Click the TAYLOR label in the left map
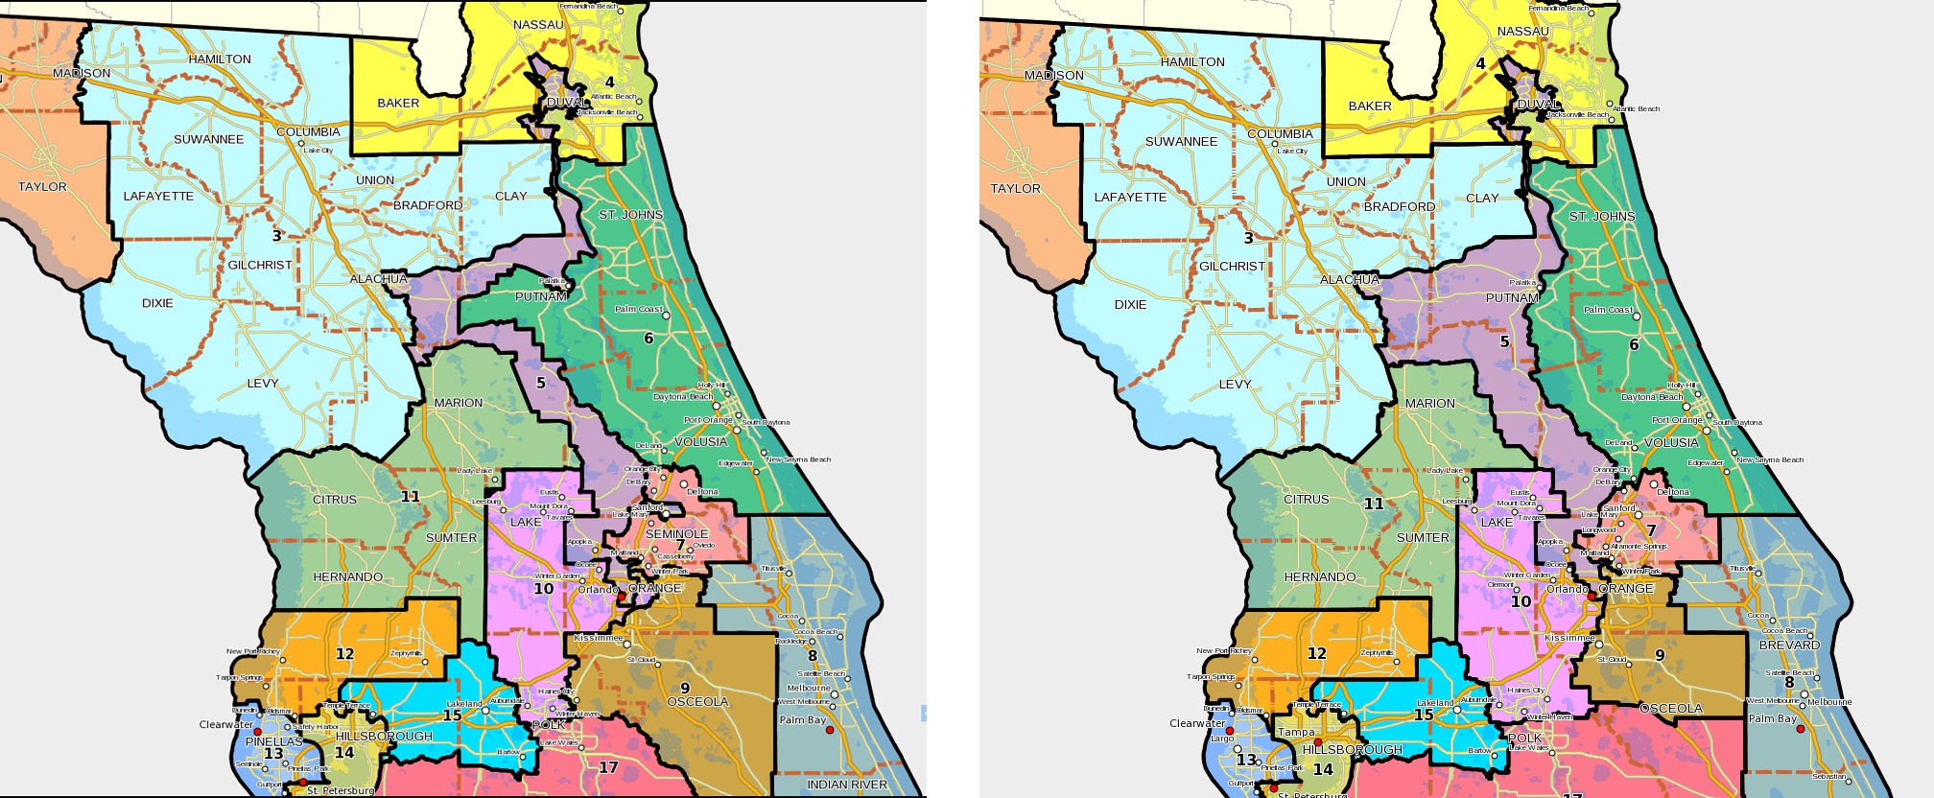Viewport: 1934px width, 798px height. tap(42, 187)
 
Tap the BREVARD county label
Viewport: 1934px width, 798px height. tap(1789, 645)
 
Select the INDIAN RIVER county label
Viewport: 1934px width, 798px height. tap(847, 785)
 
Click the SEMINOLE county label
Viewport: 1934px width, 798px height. tap(676, 534)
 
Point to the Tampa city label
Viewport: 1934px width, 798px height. tap(1296, 732)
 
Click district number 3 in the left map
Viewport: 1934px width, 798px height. tap(277, 236)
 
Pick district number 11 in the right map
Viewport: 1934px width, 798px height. tap(1374, 504)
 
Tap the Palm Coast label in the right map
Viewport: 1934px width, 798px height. tap(1608, 310)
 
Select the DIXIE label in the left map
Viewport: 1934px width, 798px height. tap(157, 303)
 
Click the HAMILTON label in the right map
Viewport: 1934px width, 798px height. tap(1192, 61)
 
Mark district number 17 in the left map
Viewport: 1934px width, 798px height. tap(608, 767)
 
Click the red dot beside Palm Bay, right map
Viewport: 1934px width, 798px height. tap(1801, 729)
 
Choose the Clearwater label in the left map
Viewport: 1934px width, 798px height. tap(226, 724)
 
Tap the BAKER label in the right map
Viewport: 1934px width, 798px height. tap(1370, 106)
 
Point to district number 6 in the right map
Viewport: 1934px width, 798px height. tap(1634, 344)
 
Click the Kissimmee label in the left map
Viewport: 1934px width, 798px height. tap(599, 638)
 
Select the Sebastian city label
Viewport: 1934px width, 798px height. tap(1828, 776)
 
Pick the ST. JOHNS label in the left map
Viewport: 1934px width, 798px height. tap(630, 215)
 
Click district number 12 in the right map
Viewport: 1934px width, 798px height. tap(1316, 653)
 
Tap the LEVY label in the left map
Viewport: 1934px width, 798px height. tap(263, 383)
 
